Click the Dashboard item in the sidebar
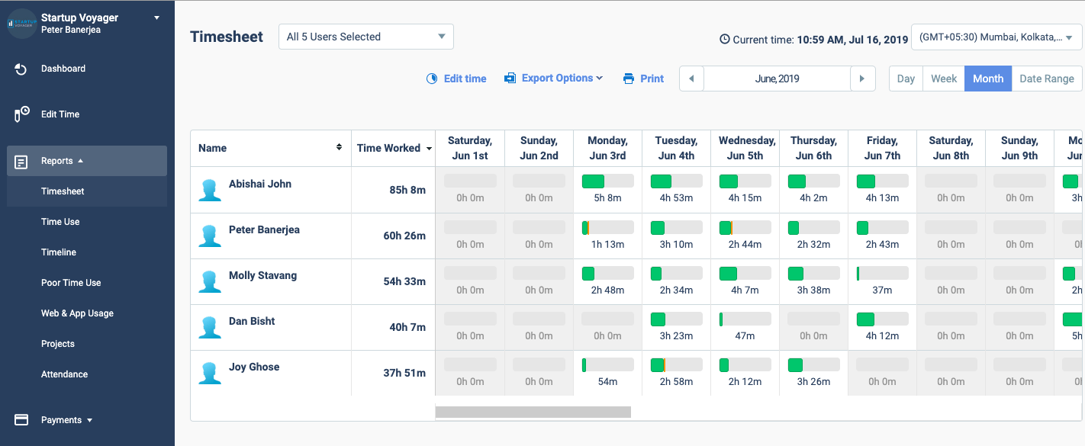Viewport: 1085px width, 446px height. click(63, 69)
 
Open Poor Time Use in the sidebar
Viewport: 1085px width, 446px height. click(71, 283)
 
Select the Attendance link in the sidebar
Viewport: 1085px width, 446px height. click(64, 374)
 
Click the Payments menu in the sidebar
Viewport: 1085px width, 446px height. click(61, 420)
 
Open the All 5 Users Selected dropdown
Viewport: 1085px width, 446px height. click(366, 37)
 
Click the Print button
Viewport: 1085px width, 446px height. click(644, 79)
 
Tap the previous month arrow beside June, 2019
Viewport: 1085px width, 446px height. click(691, 79)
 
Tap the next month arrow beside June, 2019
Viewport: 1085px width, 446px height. click(862, 79)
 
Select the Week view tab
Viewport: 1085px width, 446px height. click(943, 79)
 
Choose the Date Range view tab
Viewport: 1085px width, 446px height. click(1046, 79)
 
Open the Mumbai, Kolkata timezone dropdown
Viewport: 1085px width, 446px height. click(996, 37)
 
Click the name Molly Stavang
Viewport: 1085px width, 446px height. click(262, 275)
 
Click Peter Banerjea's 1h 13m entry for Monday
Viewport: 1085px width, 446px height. click(607, 244)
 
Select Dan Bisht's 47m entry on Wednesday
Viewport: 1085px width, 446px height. click(745, 335)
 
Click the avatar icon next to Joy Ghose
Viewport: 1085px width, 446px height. click(210, 373)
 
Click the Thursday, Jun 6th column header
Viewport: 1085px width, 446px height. click(813, 148)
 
